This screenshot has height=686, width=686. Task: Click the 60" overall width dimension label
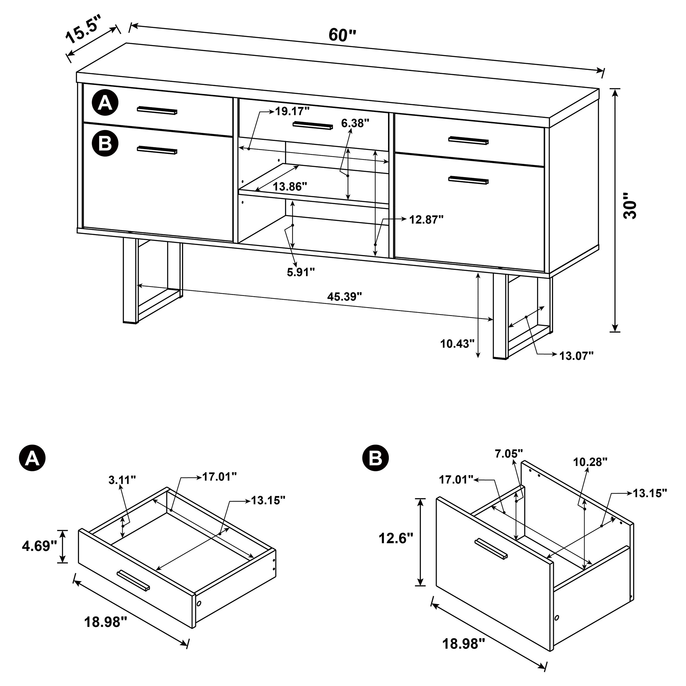tap(342, 35)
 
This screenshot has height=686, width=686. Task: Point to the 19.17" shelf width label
tap(292, 111)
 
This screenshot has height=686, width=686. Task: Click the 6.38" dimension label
tap(355, 123)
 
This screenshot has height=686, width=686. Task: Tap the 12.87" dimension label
tap(426, 220)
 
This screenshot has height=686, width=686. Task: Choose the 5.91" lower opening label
tap(301, 272)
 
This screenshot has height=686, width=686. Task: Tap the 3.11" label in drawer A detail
tap(122, 480)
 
